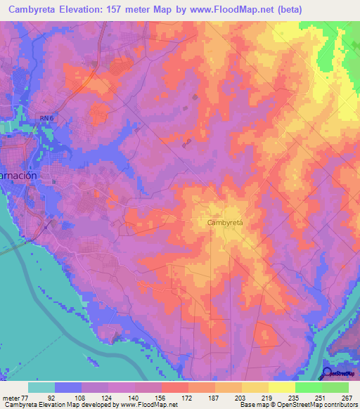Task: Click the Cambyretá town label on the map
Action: pyautogui.click(x=225, y=222)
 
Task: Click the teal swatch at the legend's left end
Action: pyautogui.click(x=41, y=387)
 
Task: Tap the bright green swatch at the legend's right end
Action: pyautogui.click(x=335, y=387)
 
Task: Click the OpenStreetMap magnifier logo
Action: pyautogui.click(x=328, y=373)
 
